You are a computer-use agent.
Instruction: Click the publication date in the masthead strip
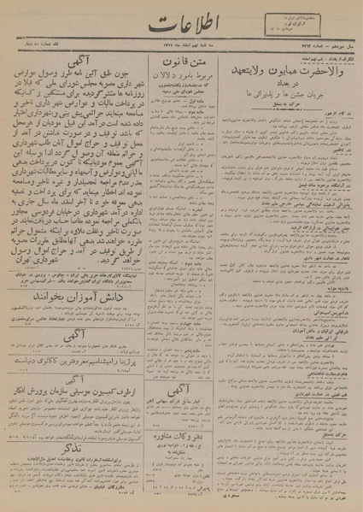pos(179,56)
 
